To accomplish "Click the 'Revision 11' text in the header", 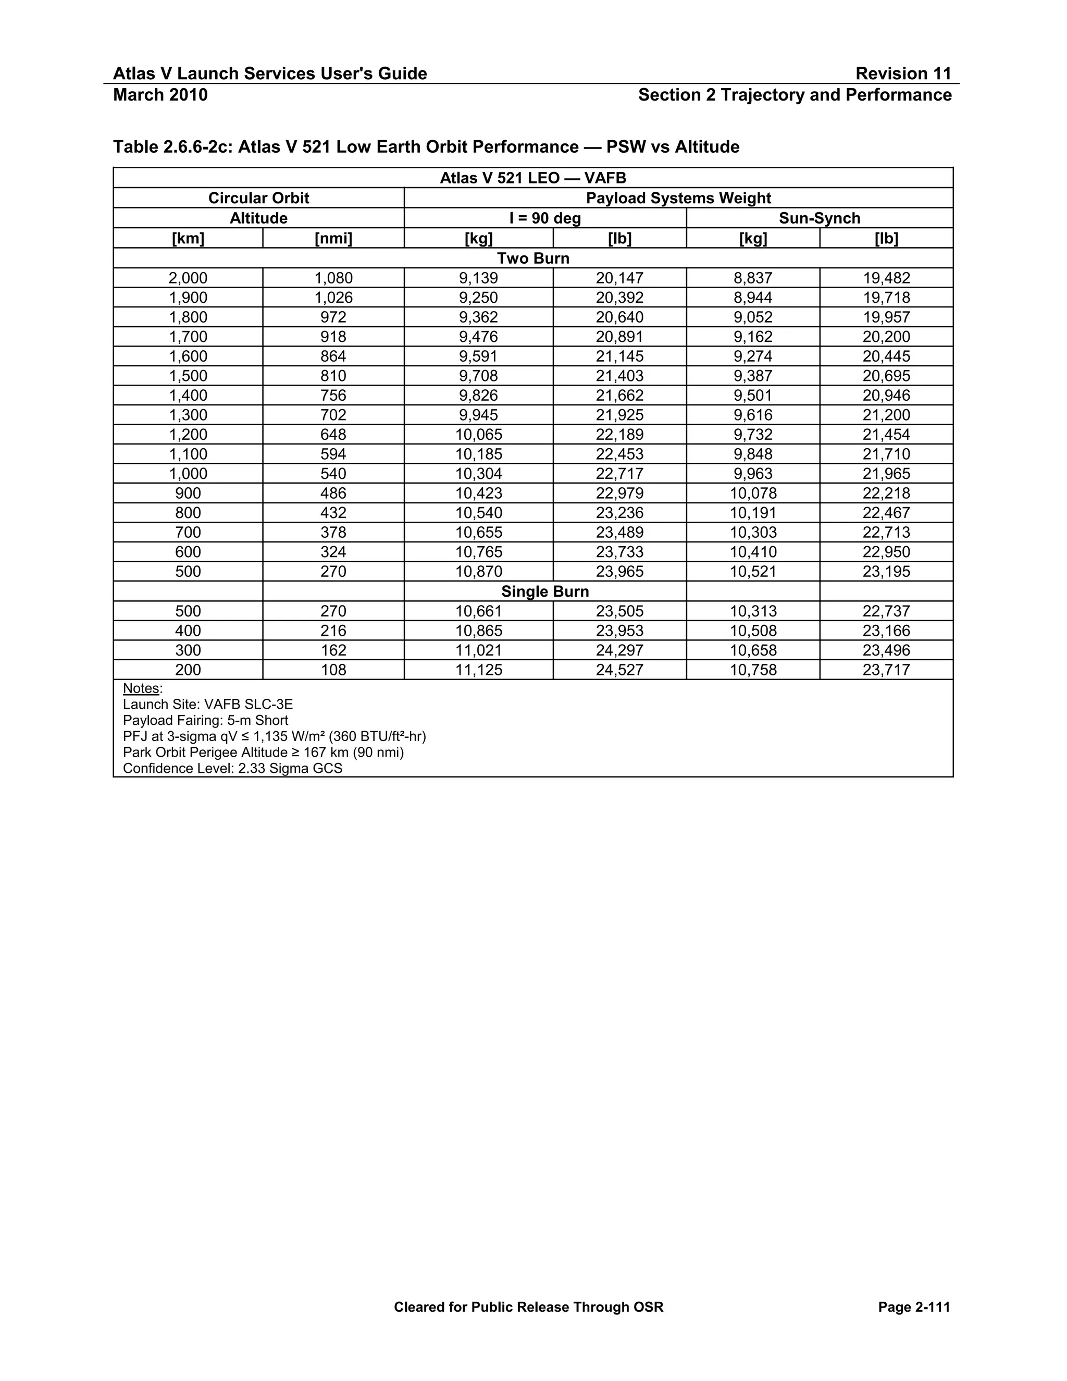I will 903,73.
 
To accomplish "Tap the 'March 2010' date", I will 160,95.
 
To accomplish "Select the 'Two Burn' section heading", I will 533,258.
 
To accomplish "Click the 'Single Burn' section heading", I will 544,591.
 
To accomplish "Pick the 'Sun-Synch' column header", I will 819,218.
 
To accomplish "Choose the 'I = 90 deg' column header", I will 544,218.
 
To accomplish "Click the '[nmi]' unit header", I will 333,238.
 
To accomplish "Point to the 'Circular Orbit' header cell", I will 258,198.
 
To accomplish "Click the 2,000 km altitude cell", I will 188,278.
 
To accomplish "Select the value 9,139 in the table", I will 478,278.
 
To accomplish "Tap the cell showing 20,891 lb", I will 619,337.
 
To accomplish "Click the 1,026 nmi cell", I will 333,297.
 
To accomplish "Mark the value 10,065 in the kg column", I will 478,435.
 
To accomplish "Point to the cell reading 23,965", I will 619,572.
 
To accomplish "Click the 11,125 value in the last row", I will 478,670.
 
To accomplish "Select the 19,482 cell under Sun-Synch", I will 886,278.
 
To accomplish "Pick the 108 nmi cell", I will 333,670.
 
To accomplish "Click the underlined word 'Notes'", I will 141,688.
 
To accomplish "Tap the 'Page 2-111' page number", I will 913,1307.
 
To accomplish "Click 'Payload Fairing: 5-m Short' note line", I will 205,720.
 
